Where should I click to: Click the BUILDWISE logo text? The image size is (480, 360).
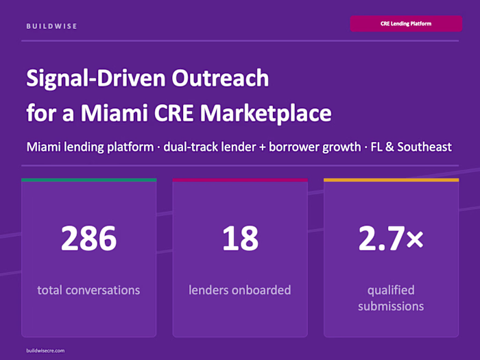point(52,26)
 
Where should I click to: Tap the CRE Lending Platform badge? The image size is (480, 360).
point(405,24)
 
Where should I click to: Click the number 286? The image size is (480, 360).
point(88,238)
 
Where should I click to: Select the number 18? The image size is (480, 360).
point(240,238)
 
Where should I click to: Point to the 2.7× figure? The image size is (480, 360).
point(391,238)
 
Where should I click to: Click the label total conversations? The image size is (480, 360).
point(88,290)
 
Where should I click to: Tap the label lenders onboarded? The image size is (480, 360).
point(240,290)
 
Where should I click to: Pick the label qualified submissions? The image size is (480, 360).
point(391,298)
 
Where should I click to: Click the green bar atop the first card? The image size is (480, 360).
point(88,180)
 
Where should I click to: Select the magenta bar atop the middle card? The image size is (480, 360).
point(240,180)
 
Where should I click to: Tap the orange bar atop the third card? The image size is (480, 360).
point(391,180)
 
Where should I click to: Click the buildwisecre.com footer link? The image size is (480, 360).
point(46,350)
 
